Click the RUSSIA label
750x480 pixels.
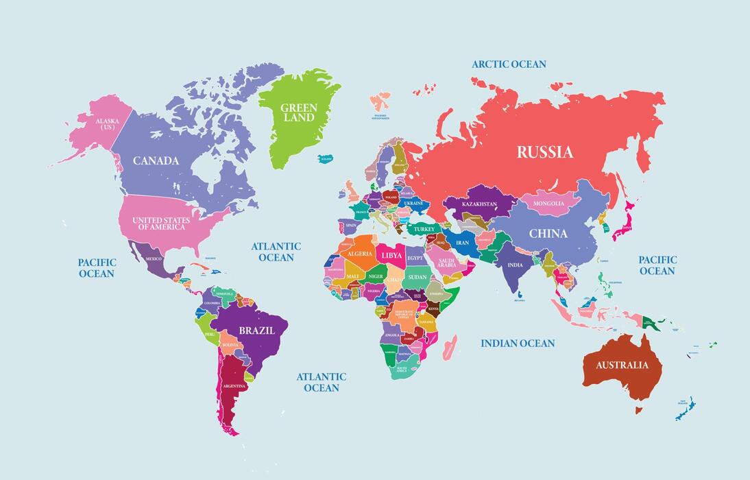pyautogui.click(x=544, y=152)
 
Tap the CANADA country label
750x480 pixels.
pyautogui.click(x=156, y=161)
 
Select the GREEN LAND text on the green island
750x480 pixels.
pyautogui.click(x=298, y=112)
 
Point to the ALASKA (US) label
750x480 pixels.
pyautogui.click(x=107, y=124)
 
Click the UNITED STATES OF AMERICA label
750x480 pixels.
pyautogui.click(x=162, y=224)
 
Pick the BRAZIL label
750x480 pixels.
pyautogui.click(x=256, y=331)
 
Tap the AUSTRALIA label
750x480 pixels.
pyautogui.click(x=621, y=365)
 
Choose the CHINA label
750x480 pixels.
pyautogui.click(x=548, y=234)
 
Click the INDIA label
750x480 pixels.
pyautogui.click(x=515, y=265)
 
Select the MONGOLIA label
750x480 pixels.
pyautogui.click(x=548, y=204)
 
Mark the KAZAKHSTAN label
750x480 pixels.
pyautogui.click(x=479, y=204)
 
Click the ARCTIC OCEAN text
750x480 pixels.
pyautogui.click(x=509, y=64)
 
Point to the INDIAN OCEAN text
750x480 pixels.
pyautogui.click(x=518, y=343)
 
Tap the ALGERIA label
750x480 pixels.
pyautogui.click(x=360, y=254)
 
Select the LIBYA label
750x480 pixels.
pyautogui.click(x=391, y=255)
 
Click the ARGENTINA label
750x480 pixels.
pyautogui.click(x=234, y=386)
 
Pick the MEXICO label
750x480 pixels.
pyautogui.click(x=154, y=259)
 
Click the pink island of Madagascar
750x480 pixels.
pyautogui.click(x=450, y=347)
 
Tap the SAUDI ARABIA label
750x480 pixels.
pyautogui.click(x=447, y=263)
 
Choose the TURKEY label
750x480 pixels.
pyautogui.click(x=424, y=228)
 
